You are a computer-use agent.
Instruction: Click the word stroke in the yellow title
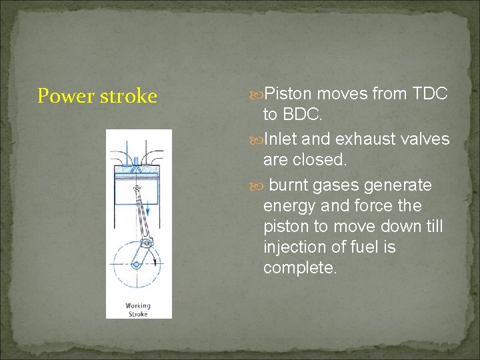tap(128, 97)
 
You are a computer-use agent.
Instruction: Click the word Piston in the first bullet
tap(292, 94)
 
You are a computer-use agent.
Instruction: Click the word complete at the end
tap(299, 268)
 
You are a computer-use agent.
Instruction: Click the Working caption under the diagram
tap(139, 306)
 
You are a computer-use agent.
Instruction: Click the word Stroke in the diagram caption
tap(139, 313)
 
